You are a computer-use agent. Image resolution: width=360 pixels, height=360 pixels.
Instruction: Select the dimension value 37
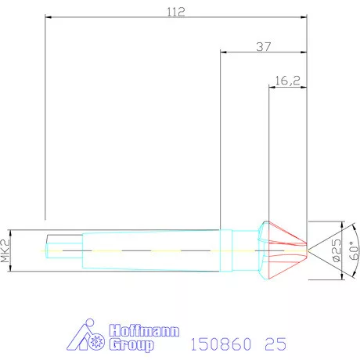tap(264, 46)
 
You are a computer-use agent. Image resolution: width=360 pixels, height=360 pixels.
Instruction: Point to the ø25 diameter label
tap(335, 248)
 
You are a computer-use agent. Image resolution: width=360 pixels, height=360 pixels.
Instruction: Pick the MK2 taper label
tap(6, 249)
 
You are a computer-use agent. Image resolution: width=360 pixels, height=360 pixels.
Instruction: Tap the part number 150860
tap(221, 344)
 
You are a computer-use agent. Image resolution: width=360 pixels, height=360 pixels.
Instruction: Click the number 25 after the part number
tap(275, 344)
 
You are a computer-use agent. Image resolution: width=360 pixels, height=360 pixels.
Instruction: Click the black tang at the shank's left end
tap(63, 249)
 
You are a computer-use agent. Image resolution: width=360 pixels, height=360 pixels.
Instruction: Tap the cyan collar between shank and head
tap(229, 249)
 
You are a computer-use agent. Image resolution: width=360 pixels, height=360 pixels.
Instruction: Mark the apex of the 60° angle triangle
tap(308, 249)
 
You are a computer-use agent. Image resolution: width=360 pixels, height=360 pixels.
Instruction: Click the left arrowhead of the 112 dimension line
tap(48, 19)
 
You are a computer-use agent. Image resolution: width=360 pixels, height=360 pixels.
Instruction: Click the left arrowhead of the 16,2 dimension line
tap(271, 86)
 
